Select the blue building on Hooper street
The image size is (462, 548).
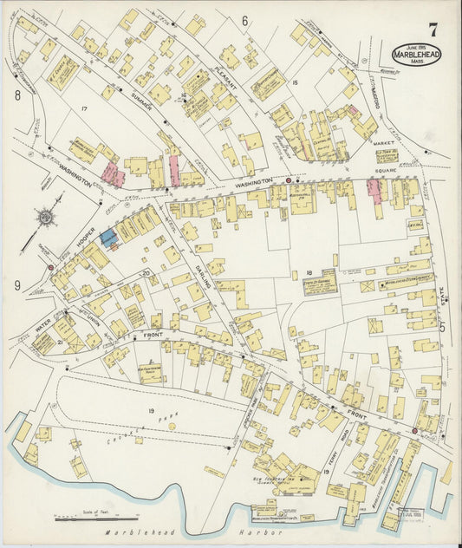point(107,236)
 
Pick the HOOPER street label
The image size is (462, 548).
point(85,233)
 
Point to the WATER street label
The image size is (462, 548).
point(43,328)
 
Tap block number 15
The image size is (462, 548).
point(296,82)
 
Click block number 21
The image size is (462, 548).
point(59,342)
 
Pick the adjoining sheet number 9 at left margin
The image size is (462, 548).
point(17,284)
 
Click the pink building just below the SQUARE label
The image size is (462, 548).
point(374,189)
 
